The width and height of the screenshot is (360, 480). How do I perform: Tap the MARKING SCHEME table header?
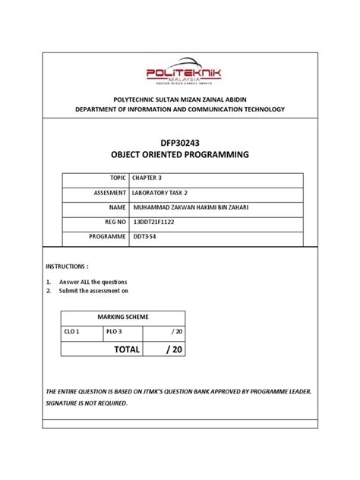pyautogui.click(x=123, y=317)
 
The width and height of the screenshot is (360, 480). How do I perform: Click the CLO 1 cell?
pyautogui.click(x=72, y=332)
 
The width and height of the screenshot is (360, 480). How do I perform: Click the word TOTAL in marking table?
pyautogui.click(x=127, y=349)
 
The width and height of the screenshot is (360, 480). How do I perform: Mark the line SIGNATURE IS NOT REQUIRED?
pyautogui.click(x=87, y=403)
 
